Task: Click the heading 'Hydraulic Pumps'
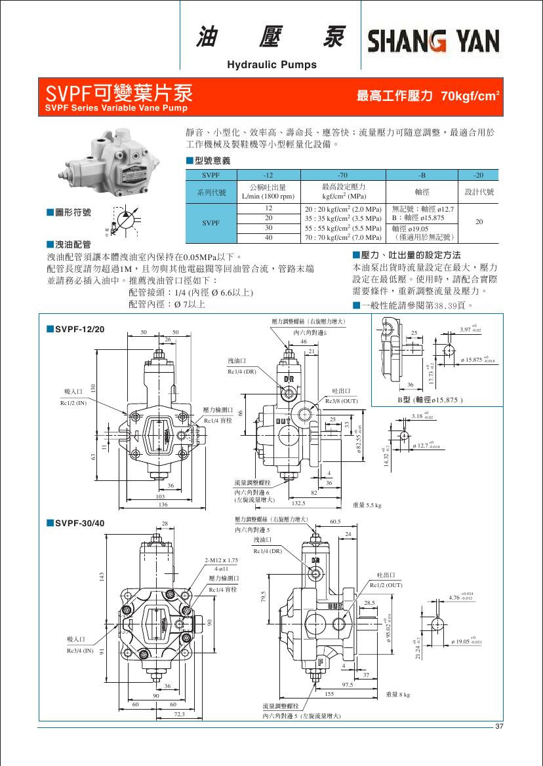271,64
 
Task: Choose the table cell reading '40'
268,237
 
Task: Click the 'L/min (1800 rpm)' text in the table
268,195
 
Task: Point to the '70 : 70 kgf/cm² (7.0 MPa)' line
343,237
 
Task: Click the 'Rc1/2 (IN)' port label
73,402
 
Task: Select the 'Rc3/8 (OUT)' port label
341,400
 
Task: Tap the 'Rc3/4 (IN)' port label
80,651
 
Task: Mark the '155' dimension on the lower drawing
329,693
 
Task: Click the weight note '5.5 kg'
367,505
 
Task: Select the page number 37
499,727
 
